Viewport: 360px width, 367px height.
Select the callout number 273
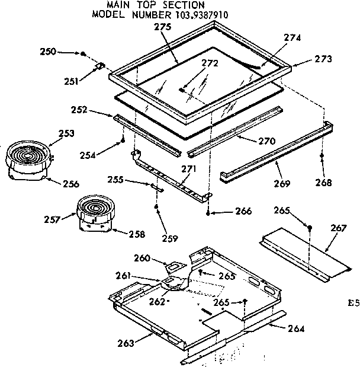(x=323, y=59)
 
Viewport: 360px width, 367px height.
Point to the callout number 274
(x=292, y=37)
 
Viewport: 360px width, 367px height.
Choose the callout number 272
(x=210, y=63)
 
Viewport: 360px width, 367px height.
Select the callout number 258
(x=136, y=234)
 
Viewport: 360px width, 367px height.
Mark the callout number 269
(x=282, y=184)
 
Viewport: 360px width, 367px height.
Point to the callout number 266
(x=243, y=211)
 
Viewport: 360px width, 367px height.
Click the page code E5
(x=353, y=303)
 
